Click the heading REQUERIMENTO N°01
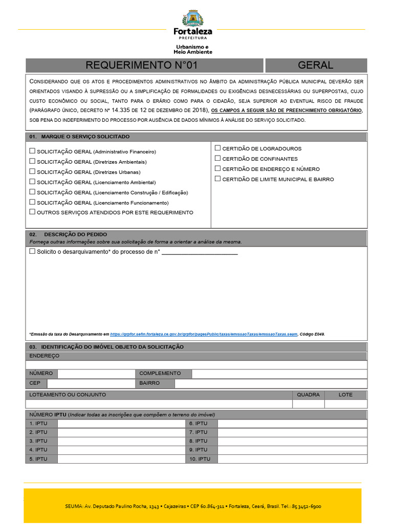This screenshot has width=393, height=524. click(x=141, y=65)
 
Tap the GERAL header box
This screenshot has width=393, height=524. click(x=315, y=65)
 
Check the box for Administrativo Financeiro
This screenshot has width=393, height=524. click(x=33, y=151)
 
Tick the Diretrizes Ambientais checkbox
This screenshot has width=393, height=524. click(x=33, y=162)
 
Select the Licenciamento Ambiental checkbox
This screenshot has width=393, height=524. click(x=33, y=182)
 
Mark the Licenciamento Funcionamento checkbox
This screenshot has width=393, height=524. click(x=33, y=202)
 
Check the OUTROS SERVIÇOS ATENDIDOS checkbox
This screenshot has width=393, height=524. click(x=33, y=212)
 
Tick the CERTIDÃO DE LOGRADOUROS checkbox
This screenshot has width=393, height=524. click(x=217, y=148)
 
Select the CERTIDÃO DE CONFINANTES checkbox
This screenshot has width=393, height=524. click(x=217, y=159)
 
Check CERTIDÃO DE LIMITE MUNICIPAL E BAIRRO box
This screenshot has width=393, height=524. click(x=217, y=179)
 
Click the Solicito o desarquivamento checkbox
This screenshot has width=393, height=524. click(x=33, y=251)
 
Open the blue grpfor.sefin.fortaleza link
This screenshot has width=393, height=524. click(x=203, y=334)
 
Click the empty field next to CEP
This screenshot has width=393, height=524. click(x=91, y=383)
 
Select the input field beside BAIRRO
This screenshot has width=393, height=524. click(x=270, y=383)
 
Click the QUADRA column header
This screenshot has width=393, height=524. click(x=308, y=395)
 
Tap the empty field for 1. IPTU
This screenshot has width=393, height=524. click(x=121, y=423)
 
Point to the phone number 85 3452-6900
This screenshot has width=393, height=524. click(x=307, y=506)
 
